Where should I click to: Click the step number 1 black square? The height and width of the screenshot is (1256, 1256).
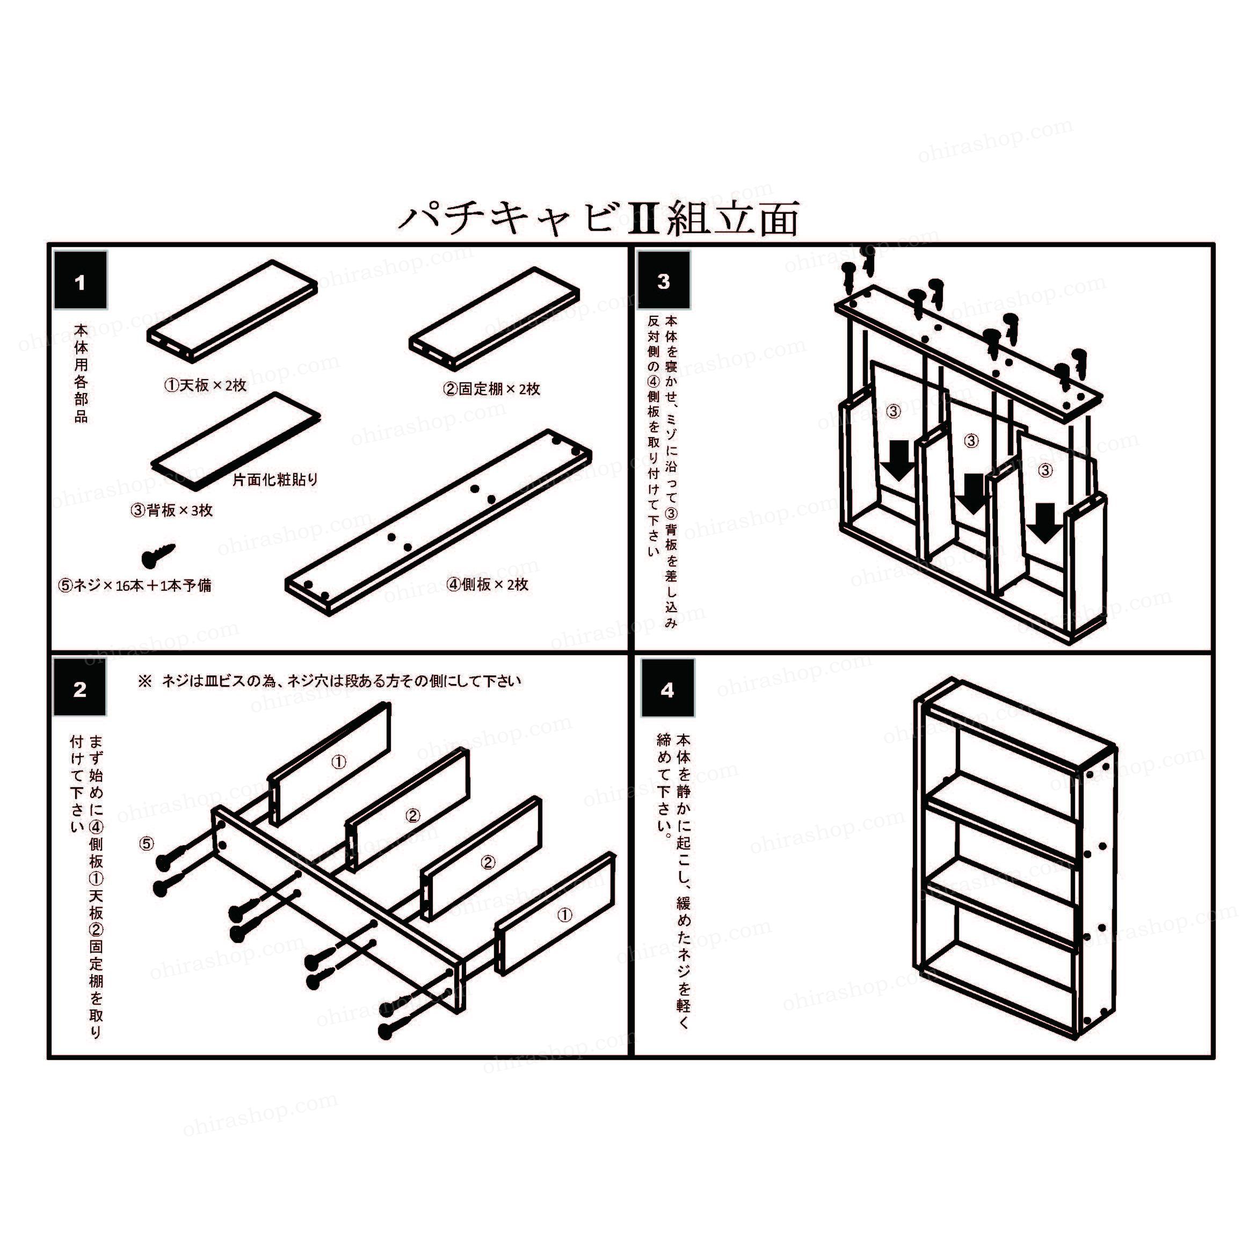pyautogui.click(x=81, y=281)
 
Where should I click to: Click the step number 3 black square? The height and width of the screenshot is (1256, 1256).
pyautogui.click(x=663, y=281)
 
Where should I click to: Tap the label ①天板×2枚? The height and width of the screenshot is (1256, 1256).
pyautogui.click(x=206, y=386)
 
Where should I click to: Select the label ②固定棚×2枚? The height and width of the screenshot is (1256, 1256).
pyautogui.click(x=492, y=389)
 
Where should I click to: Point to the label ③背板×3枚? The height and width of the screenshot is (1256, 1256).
pyautogui.click(x=172, y=510)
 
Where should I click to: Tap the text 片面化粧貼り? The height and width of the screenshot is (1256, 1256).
pyautogui.click(x=275, y=480)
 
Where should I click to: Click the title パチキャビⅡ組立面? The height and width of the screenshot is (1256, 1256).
pyautogui.click(x=598, y=219)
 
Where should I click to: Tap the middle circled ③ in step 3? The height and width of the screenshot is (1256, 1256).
pyautogui.click(x=971, y=441)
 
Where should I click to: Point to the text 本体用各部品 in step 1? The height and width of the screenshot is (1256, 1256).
pyautogui.click(x=81, y=373)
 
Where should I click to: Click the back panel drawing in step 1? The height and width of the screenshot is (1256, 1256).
pyautogui.click(x=235, y=441)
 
